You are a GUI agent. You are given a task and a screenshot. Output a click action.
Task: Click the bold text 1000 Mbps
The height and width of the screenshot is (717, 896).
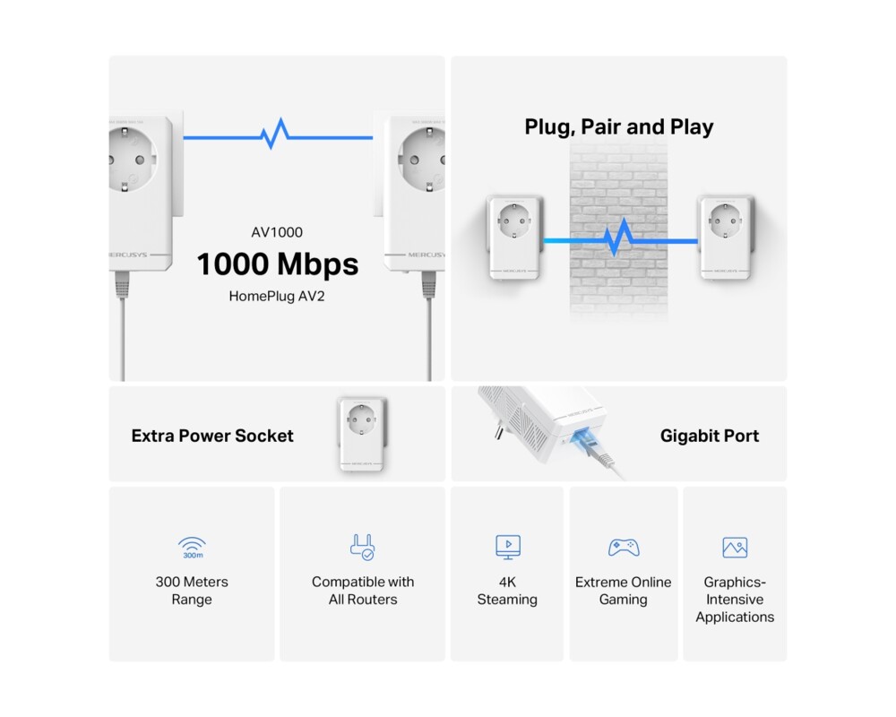pos(277,264)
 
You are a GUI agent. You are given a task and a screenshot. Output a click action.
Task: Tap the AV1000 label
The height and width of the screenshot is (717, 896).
pos(277,233)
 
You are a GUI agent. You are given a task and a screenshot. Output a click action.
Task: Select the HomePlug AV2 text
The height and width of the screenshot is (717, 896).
pos(277,295)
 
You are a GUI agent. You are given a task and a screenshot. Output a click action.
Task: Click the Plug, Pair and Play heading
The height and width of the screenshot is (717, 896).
pos(618,127)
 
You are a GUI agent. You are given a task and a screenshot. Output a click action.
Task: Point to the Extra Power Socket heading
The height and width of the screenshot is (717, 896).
pos(212,436)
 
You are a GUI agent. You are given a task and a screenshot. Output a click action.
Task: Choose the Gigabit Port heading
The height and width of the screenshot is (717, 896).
pos(709,436)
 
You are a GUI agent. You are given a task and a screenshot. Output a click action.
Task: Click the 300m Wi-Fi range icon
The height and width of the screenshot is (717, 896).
pos(192,548)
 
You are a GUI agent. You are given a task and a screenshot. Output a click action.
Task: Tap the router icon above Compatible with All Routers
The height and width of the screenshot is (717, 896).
pos(363,547)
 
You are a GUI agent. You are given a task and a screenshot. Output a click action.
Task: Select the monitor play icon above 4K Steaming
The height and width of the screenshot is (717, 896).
pos(507,547)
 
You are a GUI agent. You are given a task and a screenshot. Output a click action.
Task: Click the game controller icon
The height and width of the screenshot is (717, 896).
pos(623,547)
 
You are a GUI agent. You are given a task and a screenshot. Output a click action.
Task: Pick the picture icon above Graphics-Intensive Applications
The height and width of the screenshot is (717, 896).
pos(735,548)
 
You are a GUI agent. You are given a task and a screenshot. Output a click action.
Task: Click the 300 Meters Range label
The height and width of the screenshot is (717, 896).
pos(192,591)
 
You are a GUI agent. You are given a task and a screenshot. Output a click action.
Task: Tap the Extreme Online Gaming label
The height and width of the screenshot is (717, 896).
pos(623,591)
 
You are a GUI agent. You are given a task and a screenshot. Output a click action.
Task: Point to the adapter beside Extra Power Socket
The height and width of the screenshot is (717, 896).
pos(362,434)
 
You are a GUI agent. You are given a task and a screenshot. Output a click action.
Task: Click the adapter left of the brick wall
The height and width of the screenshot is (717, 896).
pos(514,237)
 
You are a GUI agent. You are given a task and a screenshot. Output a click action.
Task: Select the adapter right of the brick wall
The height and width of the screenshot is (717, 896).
pos(725,237)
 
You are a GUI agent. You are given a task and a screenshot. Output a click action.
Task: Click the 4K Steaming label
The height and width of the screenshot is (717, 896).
pos(507,591)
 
